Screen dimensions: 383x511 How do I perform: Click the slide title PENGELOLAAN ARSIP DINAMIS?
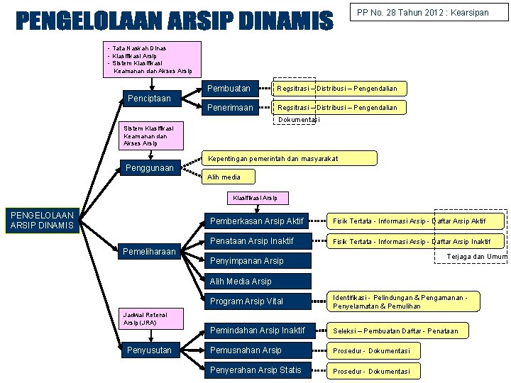point(174,22)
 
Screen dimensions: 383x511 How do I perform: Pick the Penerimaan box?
point(230,108)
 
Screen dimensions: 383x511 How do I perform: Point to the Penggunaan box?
point(150,168)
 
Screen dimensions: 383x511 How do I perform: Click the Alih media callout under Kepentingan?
point(224,177)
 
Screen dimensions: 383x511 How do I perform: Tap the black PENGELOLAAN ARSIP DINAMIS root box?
point(43,220)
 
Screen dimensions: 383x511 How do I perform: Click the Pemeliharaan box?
point(150,252)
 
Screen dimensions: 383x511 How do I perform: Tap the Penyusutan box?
point(150,350)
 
